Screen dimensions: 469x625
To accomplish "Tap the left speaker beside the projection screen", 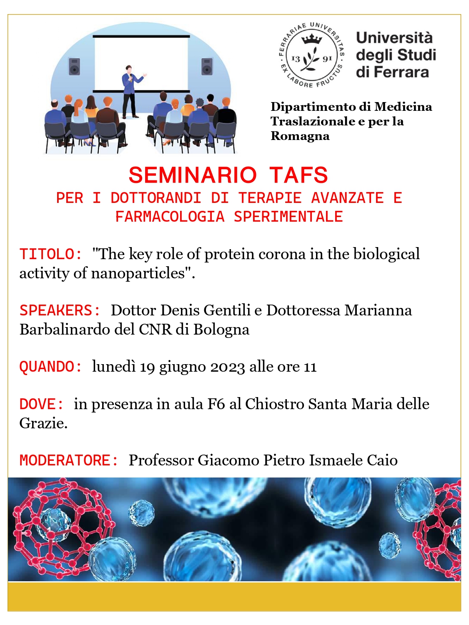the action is [74, 67].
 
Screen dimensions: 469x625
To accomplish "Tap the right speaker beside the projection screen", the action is [207, 67].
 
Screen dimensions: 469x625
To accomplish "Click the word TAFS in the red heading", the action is [299, 175].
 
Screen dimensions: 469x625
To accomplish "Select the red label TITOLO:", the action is [51, 254].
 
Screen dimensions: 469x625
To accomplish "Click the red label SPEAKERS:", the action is [60, 310].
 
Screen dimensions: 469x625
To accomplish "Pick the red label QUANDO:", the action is [51, 366].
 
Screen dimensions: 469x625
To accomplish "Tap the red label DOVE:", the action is [42, 404].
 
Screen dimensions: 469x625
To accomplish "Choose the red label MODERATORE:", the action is [69, 460].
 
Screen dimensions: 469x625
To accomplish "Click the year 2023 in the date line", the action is [228, 367].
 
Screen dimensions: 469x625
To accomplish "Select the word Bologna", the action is [221, 330].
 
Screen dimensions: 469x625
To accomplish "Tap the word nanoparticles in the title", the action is [138, 274].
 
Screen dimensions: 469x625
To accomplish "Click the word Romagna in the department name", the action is [300, 136].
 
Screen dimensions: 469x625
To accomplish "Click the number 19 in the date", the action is [147, 367].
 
